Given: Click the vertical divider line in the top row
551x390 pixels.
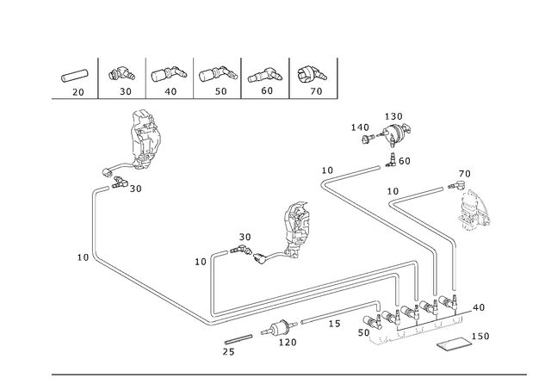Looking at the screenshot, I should click(x=98, y=77).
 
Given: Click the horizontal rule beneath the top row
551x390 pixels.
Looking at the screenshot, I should click(x=189, y=99).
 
